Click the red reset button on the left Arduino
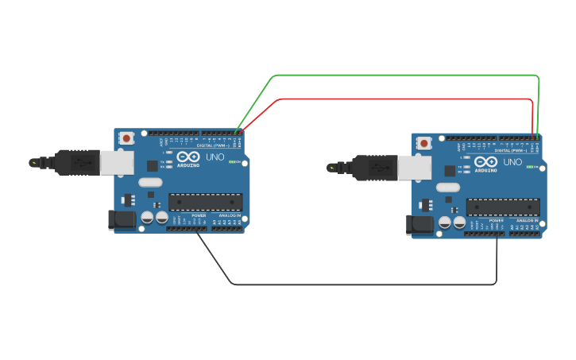[x=126, y=139]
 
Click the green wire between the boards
[x=405, y=75]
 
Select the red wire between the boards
[x=405, y=99]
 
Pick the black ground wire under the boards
[x=358, y=284]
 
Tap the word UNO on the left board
[x=215, y=157]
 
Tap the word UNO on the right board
[x=512, y=161]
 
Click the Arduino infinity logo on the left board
[x=187, y=156]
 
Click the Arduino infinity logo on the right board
[x=485, y=161]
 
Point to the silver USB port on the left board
[x=117, y=163]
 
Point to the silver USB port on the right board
[x=415, y=168]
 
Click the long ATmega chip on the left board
[x=205, y=203]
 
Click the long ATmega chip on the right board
[x=503, y=207]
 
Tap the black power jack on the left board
[x=122, y=220]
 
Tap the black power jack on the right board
[x=419, y=225]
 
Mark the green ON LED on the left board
[x=233, y=162]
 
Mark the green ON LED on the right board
[x=531, y=167]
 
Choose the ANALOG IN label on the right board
[x=527, y=220]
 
